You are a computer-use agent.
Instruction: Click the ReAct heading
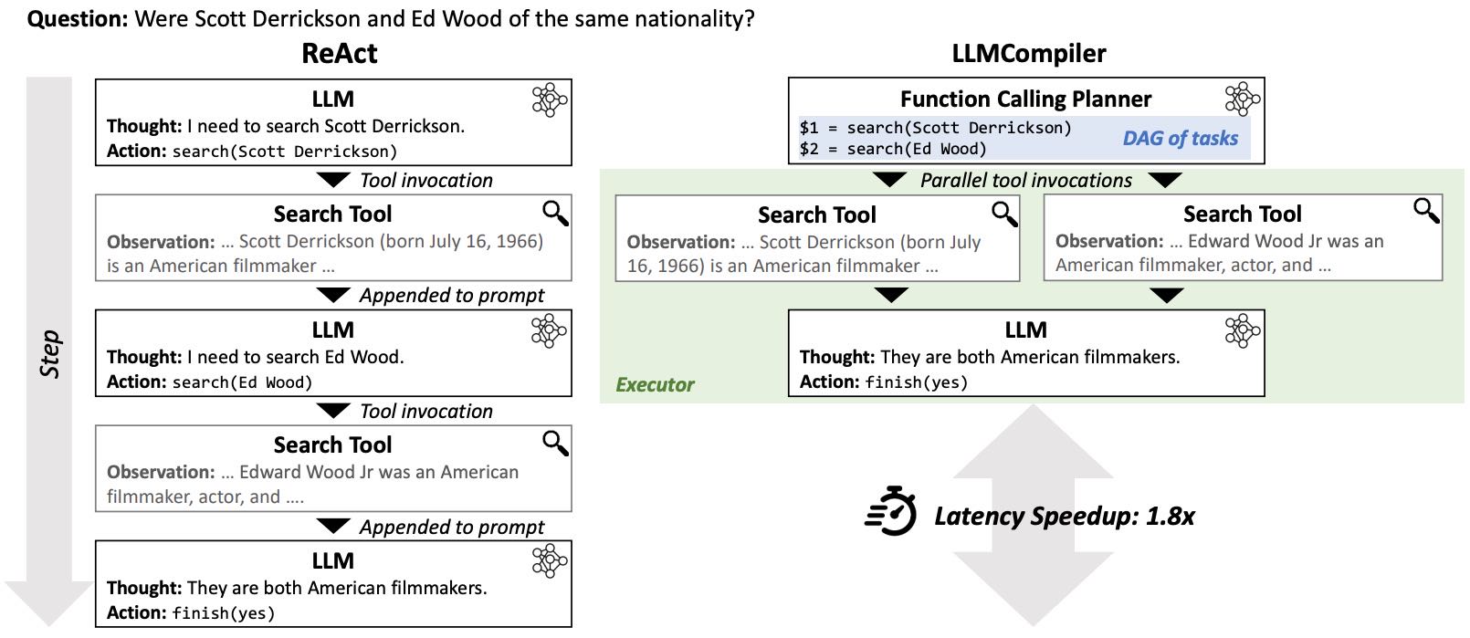[x=339, y=54]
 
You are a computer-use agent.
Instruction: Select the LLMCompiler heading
[x=1028, y=54]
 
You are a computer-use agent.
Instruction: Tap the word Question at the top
[x=77, y=18]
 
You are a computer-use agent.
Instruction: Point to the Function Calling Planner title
[x=1025, y=99]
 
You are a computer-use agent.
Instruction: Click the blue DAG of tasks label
[x=1180, y=139]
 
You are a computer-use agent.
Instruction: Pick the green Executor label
[x=655, y=385]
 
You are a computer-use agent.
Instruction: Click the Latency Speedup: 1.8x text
[x=1064, y=517]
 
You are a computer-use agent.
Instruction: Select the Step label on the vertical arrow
[x=50, y=354]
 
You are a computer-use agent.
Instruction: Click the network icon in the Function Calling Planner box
[x=1242, y=99]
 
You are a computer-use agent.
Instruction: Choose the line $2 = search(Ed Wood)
[x=892, y=149]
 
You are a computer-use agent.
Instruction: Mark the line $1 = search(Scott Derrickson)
[x=935, y=128]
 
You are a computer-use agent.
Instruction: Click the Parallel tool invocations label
[x=1025, y=181]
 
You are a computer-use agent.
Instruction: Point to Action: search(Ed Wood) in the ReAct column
[x=209, y=382]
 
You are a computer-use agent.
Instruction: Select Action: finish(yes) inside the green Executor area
[x=883, y=382]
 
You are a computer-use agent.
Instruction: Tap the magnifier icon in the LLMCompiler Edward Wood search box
[x=1426, y=211]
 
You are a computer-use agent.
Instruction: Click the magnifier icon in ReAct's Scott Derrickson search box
[x=555, y=214]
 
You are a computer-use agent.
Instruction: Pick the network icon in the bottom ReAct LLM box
[x=549, y=561]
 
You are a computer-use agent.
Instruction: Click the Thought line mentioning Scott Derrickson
[x=285, y=126]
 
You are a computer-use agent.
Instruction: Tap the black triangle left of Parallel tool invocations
[x=890, y=179]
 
